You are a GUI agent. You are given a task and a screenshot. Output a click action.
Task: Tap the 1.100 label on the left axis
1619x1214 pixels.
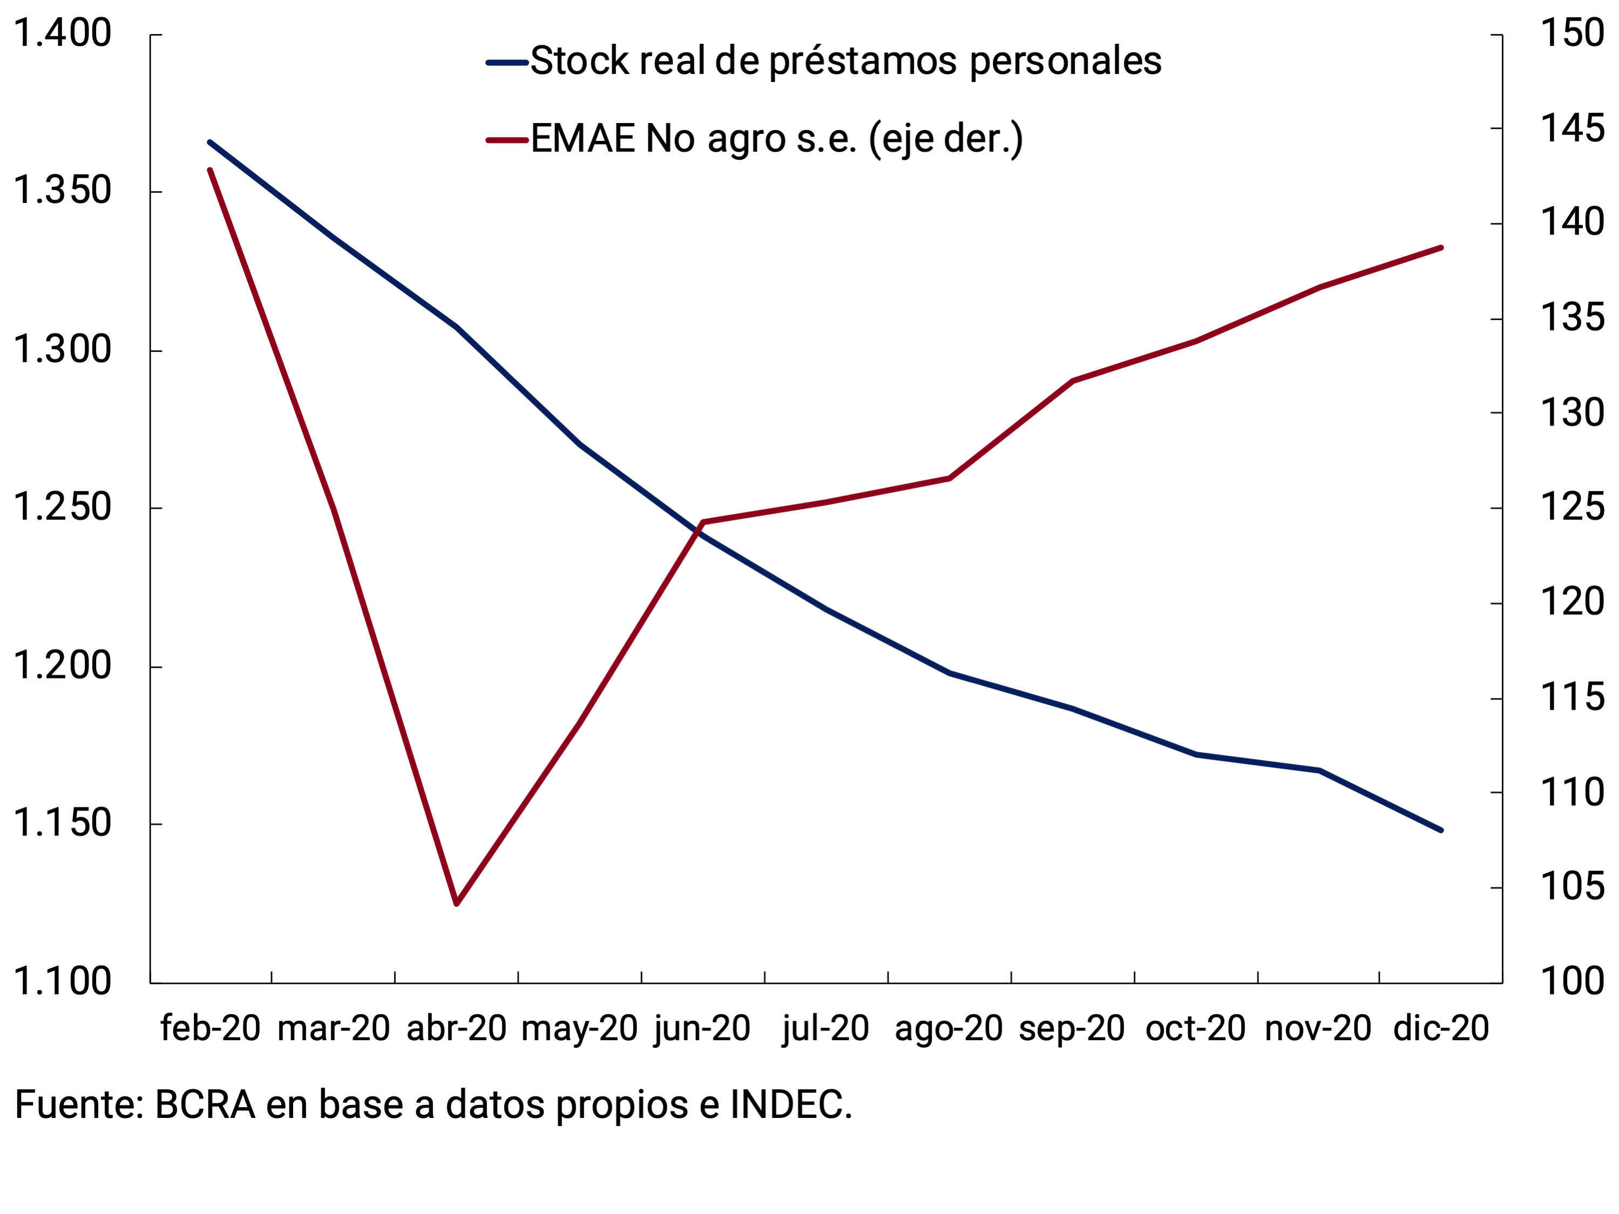(62, 982)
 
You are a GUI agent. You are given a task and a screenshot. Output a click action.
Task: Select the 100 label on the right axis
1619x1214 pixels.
(1571, 982)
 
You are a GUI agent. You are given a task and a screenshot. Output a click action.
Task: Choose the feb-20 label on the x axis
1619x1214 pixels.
(211, 1029)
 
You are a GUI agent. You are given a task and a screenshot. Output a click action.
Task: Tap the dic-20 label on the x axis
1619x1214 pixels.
(1440, 1029)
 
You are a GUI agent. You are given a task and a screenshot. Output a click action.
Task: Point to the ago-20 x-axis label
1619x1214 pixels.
(949, 1029)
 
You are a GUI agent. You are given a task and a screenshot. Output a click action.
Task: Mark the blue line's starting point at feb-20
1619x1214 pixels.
(210, 142)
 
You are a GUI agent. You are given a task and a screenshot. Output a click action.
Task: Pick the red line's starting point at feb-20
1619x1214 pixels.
(210, 170)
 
